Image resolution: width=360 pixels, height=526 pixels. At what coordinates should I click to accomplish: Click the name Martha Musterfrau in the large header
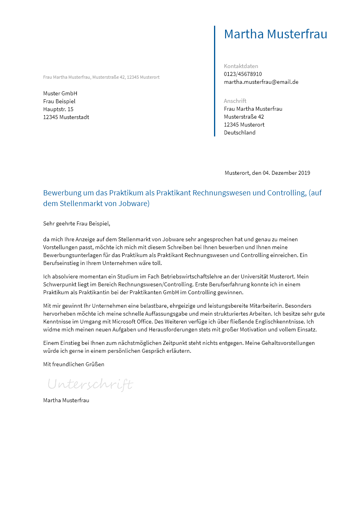[275, 34]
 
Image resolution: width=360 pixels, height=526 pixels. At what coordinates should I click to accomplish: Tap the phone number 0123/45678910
[243, 74]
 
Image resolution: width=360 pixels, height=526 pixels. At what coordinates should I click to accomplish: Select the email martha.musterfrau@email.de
[261, 82]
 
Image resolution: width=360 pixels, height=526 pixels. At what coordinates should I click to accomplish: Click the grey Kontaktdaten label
[241, 66]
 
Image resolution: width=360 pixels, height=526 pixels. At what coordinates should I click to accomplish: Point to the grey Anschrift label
[235, 101]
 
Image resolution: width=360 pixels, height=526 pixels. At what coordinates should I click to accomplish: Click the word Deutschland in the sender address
[239, 132]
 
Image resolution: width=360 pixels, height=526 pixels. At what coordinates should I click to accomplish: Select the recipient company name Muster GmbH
[60, 93]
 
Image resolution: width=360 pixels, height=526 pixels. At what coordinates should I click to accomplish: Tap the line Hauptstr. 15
[58, 109]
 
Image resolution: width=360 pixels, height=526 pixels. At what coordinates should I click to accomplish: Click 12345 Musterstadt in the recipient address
[66, 117]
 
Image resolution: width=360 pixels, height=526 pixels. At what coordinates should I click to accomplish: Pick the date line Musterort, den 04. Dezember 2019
[267, 173]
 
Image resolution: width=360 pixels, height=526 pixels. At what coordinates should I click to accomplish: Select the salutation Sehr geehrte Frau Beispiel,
[76, 223]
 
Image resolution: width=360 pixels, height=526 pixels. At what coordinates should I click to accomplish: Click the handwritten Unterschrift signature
[90, 384]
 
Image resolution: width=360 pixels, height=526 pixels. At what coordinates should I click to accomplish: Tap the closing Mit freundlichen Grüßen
[74, 364]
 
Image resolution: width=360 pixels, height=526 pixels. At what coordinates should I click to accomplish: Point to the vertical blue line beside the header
[214, 81]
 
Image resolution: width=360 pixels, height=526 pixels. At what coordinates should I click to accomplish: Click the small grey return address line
[101, 77]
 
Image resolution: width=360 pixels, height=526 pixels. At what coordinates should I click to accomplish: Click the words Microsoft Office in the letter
[132, 322]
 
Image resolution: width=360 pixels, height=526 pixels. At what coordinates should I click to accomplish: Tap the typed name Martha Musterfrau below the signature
[66, 400]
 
